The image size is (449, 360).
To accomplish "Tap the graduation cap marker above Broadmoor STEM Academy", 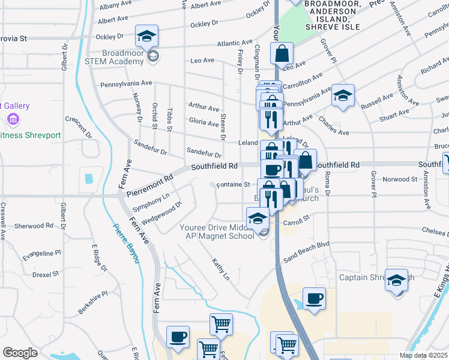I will click(146, 37).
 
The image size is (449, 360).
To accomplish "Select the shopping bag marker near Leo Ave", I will click(282, 55).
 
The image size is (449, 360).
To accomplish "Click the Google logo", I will click(20, 353).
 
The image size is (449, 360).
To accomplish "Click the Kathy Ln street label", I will click(220, 269).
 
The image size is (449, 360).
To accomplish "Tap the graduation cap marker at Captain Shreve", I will click(396, 280).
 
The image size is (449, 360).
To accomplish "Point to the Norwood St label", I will click(400, 179).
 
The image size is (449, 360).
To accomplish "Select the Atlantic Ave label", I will click(235, 43).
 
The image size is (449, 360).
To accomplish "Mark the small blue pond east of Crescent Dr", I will click(89, 178).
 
